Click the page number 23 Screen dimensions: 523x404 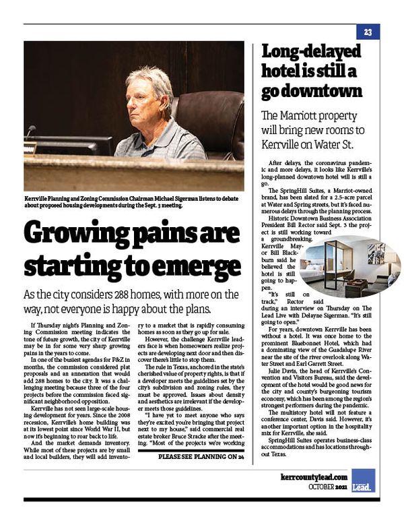click(368, 32)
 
